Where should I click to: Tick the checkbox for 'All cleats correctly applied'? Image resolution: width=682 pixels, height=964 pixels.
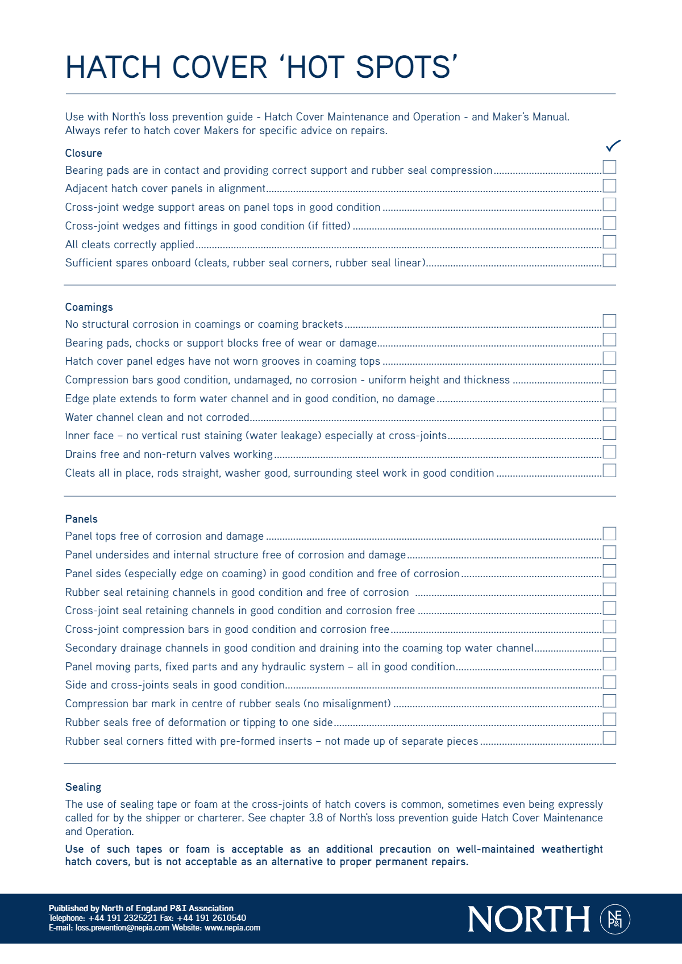(609, 241)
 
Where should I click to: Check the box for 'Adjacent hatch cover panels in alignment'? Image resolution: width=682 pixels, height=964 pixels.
(609, 186)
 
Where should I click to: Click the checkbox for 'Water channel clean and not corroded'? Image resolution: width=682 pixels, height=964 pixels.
(609, 414)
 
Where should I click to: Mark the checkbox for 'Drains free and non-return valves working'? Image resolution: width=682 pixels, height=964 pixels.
(609, 452)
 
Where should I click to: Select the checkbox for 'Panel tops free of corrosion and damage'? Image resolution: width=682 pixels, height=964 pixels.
(609, 533)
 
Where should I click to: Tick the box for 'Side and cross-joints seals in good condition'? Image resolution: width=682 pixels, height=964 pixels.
(609, 682)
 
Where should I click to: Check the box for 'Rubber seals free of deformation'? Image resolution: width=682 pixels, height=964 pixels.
(609, 719)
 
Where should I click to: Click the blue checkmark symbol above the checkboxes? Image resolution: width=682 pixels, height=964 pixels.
(613, 146)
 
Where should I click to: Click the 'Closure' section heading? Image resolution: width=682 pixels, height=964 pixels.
(84, 153)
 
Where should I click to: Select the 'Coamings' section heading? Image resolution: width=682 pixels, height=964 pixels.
(89, 307)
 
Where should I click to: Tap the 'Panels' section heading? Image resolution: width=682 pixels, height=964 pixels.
(81, 519)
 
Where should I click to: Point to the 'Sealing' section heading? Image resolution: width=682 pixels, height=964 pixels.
(83, 787)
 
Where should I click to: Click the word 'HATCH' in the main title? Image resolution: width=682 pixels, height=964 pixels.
(113, 68)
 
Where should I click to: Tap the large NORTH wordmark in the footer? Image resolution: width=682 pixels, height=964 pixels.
(529, 919)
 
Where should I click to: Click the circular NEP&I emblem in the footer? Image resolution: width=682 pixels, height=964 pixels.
(615, 919)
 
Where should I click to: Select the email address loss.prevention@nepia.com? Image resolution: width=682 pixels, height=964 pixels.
(122, 928)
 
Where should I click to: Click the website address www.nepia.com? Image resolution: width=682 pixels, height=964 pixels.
(232, 928)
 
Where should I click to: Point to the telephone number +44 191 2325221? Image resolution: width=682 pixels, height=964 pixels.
(123, 918)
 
